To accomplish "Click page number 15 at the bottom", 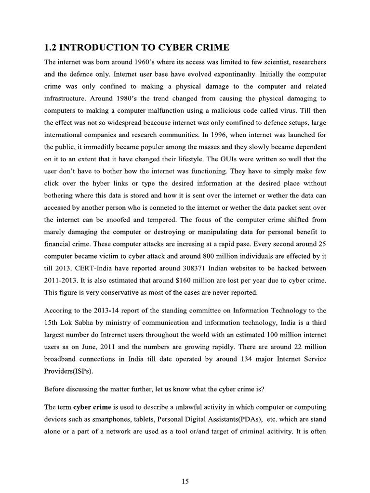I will [x=185, y=480].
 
